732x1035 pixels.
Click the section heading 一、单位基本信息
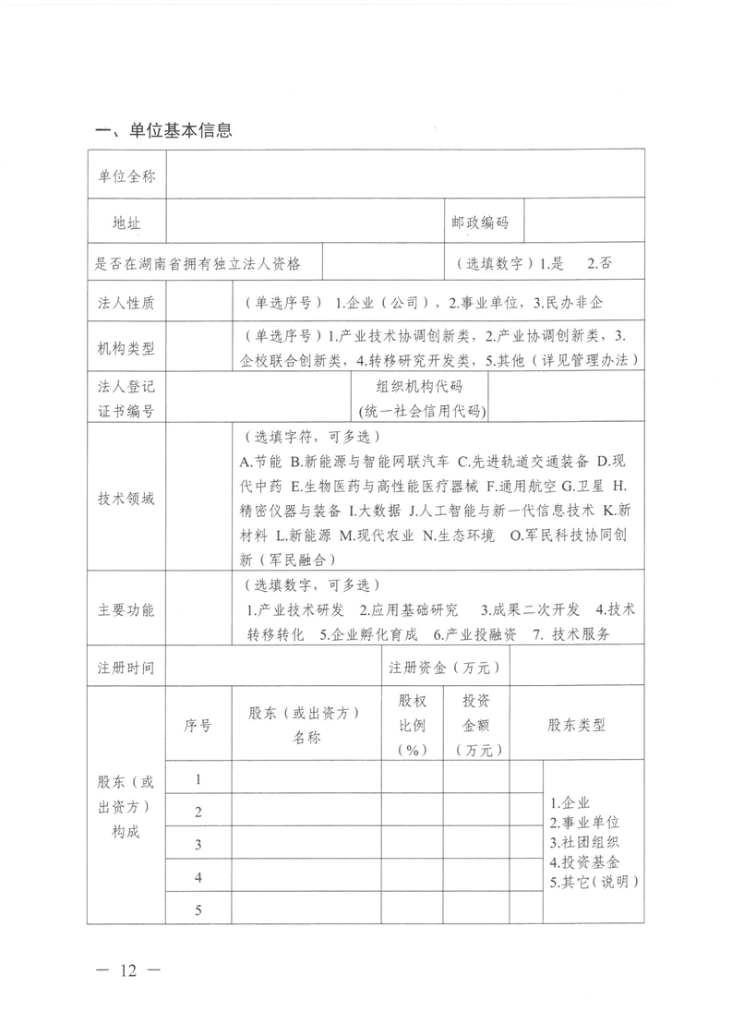point(163,131)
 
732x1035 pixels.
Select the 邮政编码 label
point(480,223)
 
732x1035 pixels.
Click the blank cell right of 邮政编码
point(582,223)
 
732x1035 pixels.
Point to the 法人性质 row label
point(126,302)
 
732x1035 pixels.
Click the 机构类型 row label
point(126,347)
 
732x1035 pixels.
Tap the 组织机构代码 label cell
point(420,398)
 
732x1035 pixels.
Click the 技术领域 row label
point(126,499)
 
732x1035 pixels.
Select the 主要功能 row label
point(126,609)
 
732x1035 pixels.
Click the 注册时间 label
point(126,667)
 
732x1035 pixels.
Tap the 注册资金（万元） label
point(445,667)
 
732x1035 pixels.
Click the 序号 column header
point(198,726)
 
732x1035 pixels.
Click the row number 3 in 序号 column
point(198,844)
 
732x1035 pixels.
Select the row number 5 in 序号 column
point(198,909)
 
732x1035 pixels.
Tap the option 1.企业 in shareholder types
point(569,802)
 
